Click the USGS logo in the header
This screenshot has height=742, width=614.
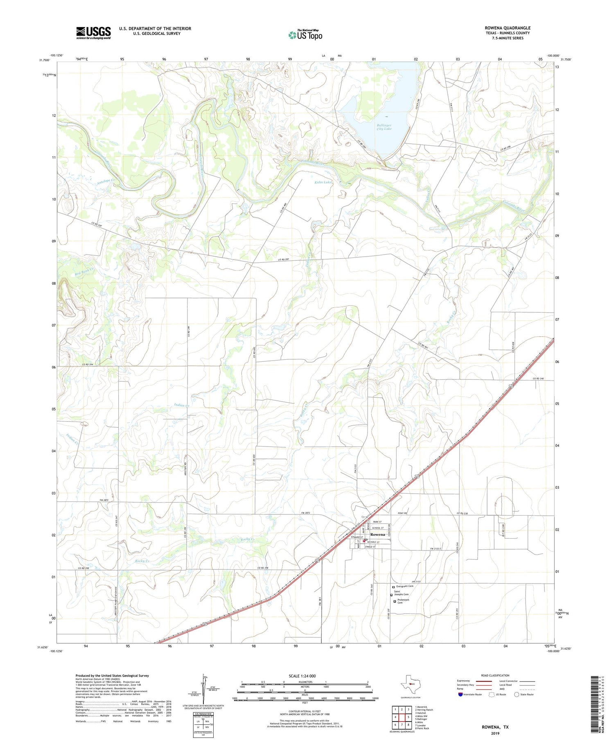(93, 33)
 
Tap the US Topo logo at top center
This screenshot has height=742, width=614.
(305, 35)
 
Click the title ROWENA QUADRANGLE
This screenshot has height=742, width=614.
(507, 28)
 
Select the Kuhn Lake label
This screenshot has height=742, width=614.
(323, 182)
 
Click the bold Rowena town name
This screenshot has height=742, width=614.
(377, 535)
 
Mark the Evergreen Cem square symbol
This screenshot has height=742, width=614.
(393, 587)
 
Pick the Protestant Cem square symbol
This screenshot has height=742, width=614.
(395, 602)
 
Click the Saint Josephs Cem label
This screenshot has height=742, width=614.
(401, 593)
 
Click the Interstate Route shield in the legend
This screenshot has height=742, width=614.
(460, 695)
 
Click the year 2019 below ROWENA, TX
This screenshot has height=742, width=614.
(494, 733)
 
